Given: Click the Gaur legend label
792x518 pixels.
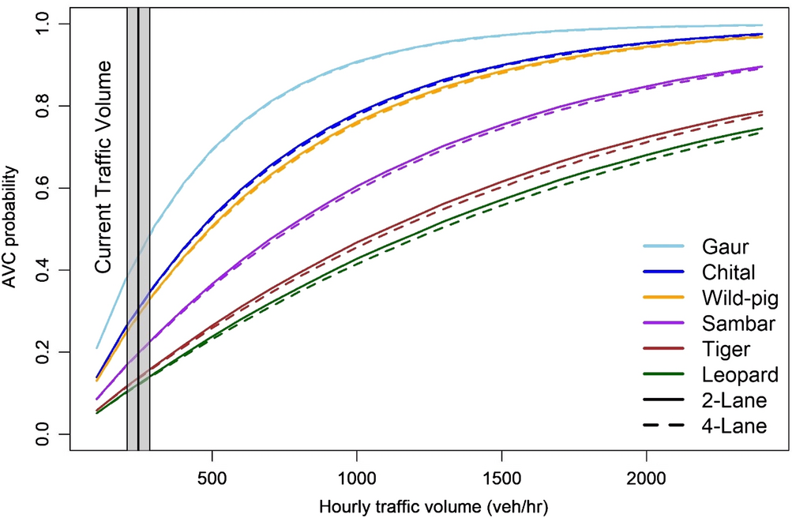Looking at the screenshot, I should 723,246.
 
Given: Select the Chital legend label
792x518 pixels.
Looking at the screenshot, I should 726,272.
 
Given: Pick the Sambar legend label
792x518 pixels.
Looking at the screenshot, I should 732,324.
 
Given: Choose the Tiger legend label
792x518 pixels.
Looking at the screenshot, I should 723,349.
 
